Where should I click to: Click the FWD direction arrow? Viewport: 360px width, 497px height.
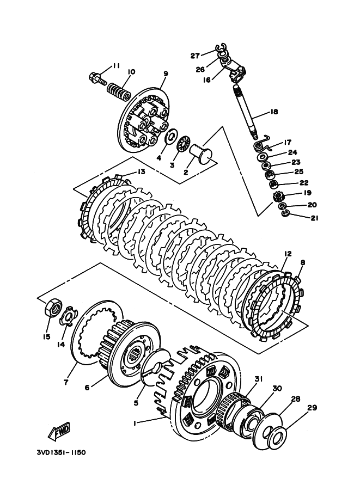click(59, 432)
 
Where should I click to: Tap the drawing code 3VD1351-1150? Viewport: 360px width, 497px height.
click(61, 452)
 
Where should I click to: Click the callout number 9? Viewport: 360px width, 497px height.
click(166, 73)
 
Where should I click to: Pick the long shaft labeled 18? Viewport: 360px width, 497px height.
click(247, 112)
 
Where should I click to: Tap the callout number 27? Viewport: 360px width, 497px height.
click(195, 56)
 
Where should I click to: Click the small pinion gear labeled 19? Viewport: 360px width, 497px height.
click(278, 197)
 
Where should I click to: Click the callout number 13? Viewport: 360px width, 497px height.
click(141, 172)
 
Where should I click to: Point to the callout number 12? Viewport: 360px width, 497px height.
click(288, 254)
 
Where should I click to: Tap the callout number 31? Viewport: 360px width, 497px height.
click(259, 378)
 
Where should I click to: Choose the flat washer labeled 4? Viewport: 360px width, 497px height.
click(171, 137)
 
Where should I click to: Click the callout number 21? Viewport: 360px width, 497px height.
click(314, 218)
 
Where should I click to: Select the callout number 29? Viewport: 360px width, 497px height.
click(313, 408)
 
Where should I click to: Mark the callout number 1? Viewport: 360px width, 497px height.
click(135, 423)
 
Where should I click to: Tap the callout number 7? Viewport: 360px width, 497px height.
click(66, 383)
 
